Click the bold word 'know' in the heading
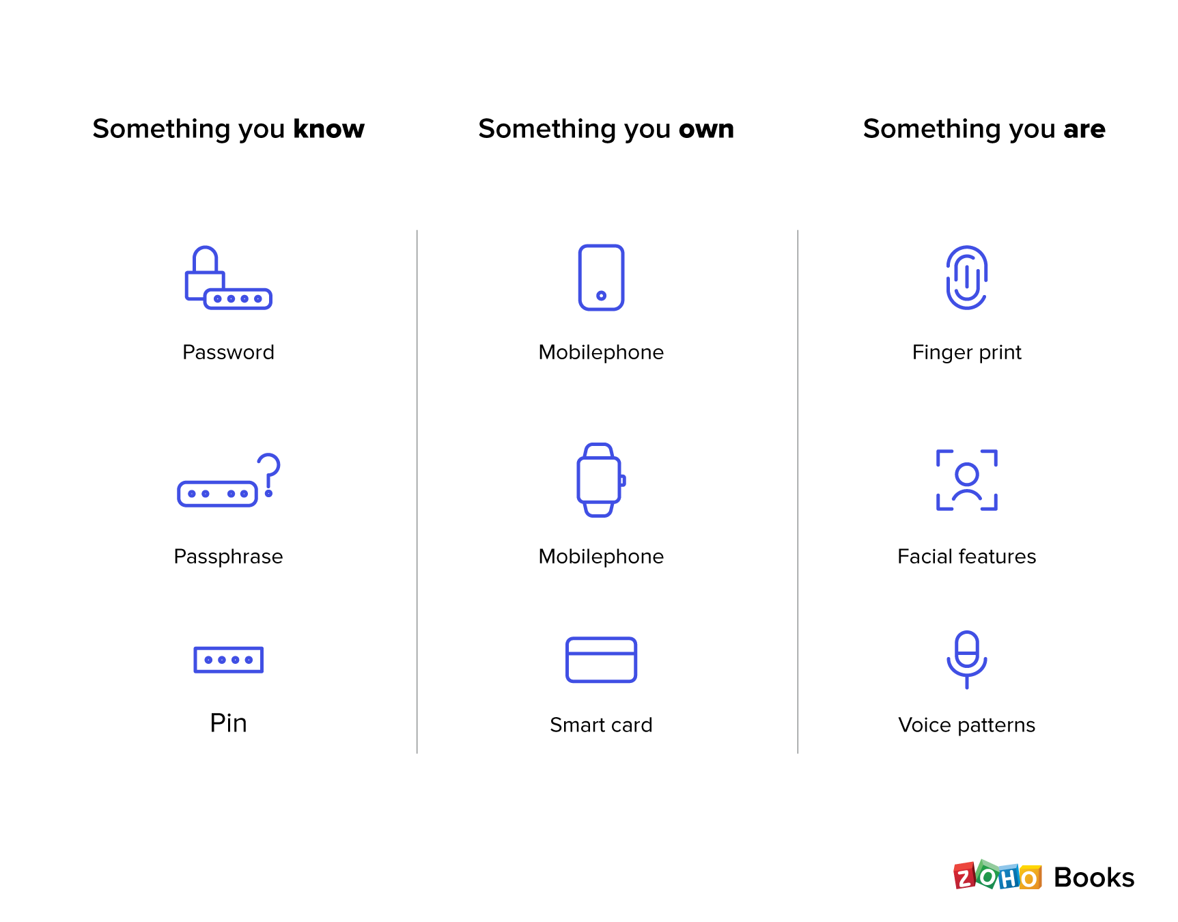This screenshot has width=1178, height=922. (328, 129)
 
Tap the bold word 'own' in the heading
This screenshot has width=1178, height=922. (706, 130)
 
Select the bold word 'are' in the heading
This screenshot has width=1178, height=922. (1084, 130)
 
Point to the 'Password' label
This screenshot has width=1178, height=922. (228, 352)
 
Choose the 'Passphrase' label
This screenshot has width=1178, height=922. (228, 557)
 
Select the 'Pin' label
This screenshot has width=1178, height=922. (228, 723)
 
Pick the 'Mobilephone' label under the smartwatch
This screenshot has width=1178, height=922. (601, 557)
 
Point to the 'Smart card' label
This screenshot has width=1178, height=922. (601, 725)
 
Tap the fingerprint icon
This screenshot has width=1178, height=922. (967, 278)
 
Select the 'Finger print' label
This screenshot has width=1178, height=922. (967, 352)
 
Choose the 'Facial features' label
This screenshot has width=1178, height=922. (967, 557)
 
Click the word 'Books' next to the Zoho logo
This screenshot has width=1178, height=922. (1094, 878)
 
